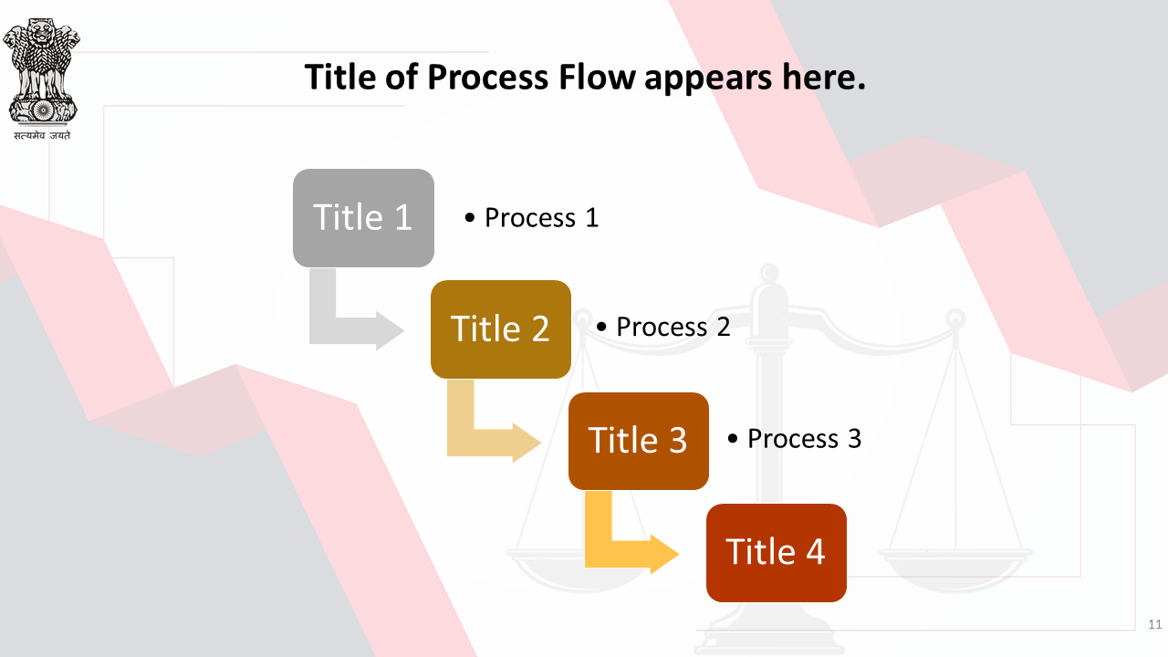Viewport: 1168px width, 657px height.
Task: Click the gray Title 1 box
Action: coord(363,218)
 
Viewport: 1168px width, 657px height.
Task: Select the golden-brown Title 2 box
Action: coord(501,329)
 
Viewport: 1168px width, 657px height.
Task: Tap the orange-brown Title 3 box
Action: coord(638,441)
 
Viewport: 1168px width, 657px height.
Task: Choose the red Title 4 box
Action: coord(777,553)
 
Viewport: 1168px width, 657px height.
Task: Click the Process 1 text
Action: coord(541,217)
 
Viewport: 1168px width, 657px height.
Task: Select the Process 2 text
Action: coord(673,327)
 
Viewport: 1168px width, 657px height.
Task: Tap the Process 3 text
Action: coord(804,439)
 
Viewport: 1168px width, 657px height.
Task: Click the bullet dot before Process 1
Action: coord(470,218)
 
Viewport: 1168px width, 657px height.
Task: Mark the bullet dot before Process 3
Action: coord(733,439)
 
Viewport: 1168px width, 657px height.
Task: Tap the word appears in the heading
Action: coord(708,79)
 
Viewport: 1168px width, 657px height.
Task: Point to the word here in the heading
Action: coord(819,78)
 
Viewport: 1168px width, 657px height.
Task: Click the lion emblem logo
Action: coord(41,71)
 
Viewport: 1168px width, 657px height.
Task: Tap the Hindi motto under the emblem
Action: coord(42,136)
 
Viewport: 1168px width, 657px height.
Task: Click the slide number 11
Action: coord(1155,624)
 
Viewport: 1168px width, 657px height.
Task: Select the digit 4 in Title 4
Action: coord(816,552)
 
